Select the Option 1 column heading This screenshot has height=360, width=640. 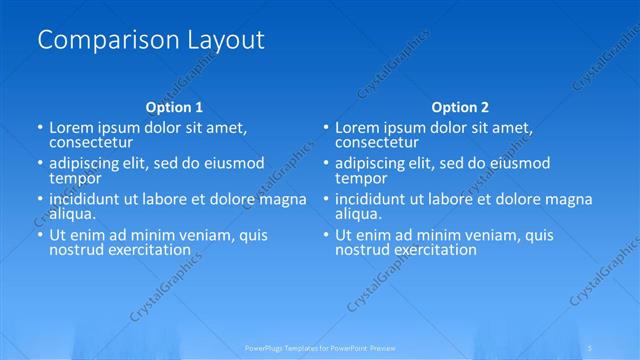click(x=174, y=107)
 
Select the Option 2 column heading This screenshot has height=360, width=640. click(x=460, y=107)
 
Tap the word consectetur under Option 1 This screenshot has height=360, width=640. click(x=92, y=142)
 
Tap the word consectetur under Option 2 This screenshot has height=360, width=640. click(x=378, y=142)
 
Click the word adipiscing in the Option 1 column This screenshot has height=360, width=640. click(x=86, y=163)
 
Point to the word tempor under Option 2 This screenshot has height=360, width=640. click(x=360, y=178)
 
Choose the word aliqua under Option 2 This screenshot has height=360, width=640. click(x=356, y=214)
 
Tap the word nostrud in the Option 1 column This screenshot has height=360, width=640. click(x=75, y=250)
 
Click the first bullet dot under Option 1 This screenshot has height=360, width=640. click(x=39, y=128)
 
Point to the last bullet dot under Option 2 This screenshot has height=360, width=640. click(x=326, y=236)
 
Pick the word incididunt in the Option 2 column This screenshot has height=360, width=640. click(x=372, y=199)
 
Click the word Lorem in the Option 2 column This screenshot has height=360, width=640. click(x=356, y=127)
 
